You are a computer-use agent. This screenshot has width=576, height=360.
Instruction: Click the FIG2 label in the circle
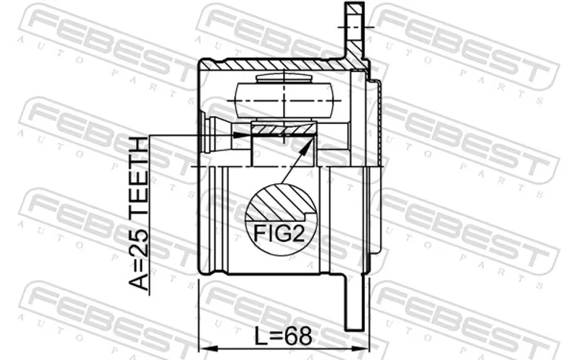click(x=279, y=233)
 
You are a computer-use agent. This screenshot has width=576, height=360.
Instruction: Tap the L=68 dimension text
click(x=283, y=336)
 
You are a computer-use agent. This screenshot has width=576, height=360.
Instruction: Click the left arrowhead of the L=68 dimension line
click(x=206, y=348)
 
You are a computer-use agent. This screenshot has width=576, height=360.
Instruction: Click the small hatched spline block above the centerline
click(x=284, y=129)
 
